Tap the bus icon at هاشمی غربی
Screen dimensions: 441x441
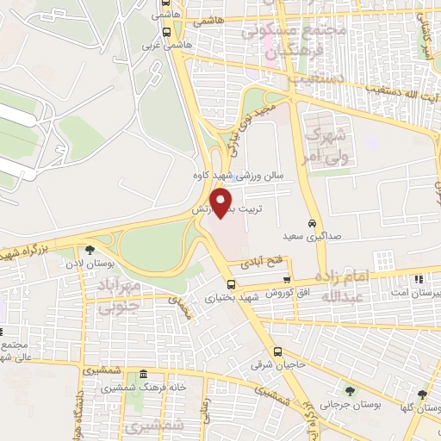(x=166, y=31)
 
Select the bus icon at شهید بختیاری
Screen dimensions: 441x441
(x=231, y=284)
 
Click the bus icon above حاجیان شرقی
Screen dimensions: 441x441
(x=277, y=351)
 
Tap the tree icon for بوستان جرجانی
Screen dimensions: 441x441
(x=349, y=389)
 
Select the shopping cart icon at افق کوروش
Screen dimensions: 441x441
(x=287, y=281)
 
